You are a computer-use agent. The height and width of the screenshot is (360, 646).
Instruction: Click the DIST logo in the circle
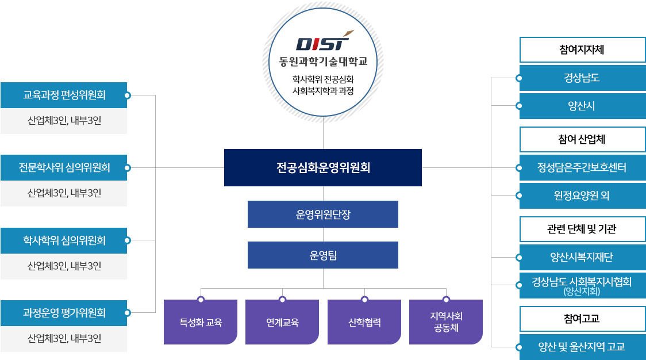click(x=324, y=41)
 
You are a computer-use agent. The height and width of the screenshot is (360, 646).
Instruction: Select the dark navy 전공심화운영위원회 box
click(x=323, y=167)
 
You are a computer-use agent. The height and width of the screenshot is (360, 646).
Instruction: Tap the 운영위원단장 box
click(x=323, y=215)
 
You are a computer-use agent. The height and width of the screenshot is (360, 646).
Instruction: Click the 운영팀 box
click(x=323, y=255)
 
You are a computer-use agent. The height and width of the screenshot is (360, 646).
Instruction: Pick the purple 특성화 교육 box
click(x=201, y=322)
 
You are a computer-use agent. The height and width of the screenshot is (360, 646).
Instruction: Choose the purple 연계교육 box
click(x=282, y=322)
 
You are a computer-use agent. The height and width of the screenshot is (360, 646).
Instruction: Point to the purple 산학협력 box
click(x=364, y=322)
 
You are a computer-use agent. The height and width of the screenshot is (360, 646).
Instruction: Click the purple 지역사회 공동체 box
click(x=446, y=322)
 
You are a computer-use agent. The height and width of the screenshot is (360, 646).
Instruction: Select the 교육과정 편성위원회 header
click(x=64, y=95)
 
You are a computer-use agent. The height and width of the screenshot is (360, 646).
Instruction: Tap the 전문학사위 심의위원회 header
click(x=64, y=168)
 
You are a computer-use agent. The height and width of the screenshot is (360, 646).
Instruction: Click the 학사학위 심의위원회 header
click(x=64, y=240)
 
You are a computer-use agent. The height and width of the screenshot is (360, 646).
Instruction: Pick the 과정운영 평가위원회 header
click(x=64, y=313)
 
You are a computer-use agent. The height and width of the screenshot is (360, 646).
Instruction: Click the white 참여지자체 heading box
click(x=583, y=50)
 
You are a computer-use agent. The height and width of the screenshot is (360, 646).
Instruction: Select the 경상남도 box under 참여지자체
click(x=583, y=78)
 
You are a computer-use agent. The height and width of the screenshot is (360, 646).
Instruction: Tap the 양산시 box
click(x=583, y=106)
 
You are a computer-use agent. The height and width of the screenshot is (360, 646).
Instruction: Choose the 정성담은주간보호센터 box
click(x=583, y=168)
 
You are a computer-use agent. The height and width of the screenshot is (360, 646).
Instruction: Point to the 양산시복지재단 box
click(x=583, y=257)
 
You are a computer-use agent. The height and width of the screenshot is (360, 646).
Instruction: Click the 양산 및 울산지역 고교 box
click(x=583, y=347)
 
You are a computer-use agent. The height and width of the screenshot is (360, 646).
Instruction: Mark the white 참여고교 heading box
click(x=583, y=319)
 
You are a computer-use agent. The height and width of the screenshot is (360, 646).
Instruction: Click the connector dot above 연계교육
click(x=282, y=300)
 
